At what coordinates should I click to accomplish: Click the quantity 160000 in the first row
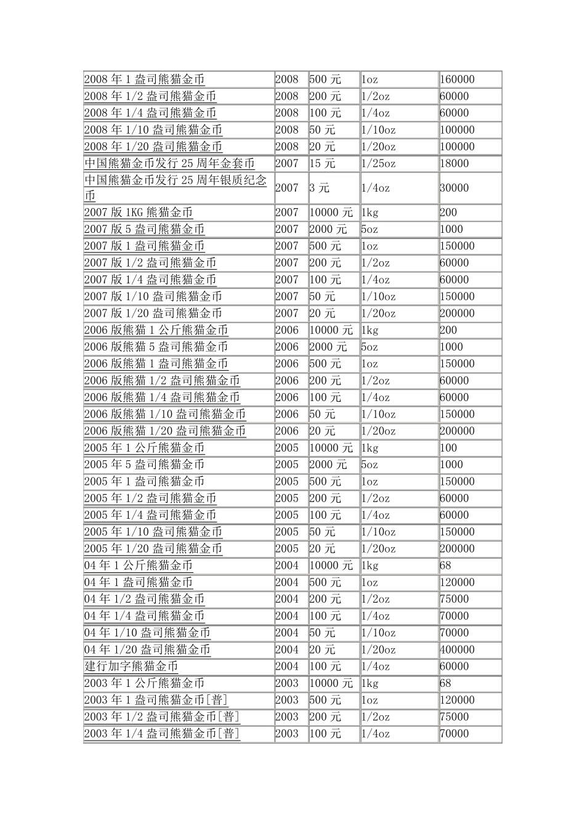click(458, 79)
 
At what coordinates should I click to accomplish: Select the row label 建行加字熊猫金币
click(131, 667)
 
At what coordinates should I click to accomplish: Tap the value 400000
click(458, 650)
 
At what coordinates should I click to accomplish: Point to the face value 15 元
click(323, 164)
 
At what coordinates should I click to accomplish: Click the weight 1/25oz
click(379, 164)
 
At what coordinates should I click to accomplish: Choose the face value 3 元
click(320, 188)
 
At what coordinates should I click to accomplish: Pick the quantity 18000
click(454, 164)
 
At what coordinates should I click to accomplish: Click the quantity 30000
click(454, 188)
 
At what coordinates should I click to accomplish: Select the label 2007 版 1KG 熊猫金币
click(139, 213)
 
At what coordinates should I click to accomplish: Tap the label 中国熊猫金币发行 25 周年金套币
click(169, 164)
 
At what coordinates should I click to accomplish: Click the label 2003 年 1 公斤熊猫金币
click(144, 683)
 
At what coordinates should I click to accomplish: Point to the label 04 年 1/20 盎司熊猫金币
click(147, 650)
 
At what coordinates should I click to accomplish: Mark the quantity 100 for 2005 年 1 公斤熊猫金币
click(449, 448)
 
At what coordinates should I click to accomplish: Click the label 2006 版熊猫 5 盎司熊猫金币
click(156, 347)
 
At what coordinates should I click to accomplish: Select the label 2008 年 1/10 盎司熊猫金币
click(153, 130)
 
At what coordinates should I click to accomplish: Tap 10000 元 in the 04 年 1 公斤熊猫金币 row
click(331, 566)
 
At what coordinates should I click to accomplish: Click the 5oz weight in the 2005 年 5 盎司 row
click(369, 465)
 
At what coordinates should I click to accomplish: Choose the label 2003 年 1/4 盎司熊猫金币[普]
click(162, 734)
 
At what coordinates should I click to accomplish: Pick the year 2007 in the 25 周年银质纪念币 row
click(287, 188)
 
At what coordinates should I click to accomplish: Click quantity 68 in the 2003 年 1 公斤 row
click(446, 683)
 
